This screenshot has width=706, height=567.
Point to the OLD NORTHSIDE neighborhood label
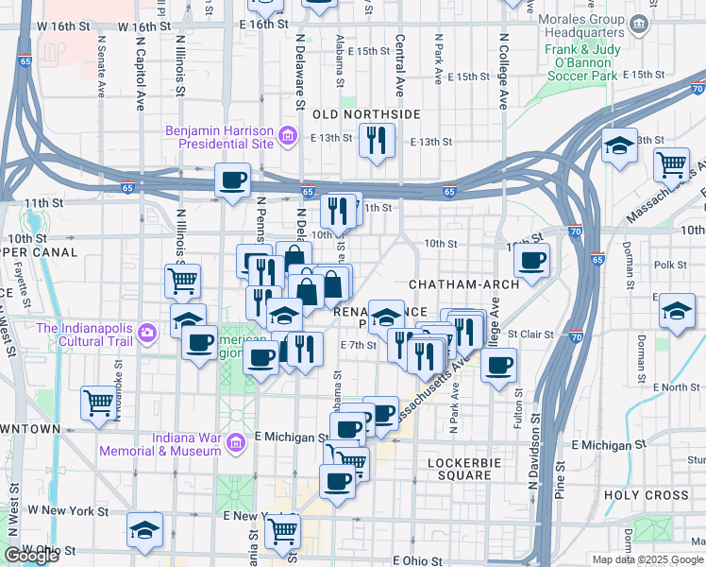click(367, 113)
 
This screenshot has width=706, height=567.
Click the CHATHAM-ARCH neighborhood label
click(451, 284)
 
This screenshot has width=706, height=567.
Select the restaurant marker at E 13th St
click(377, 141)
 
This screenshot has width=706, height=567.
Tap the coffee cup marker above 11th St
click(232, 180)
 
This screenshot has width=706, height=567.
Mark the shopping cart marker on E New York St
click(282, 531)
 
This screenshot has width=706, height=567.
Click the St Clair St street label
click(529, 334)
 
